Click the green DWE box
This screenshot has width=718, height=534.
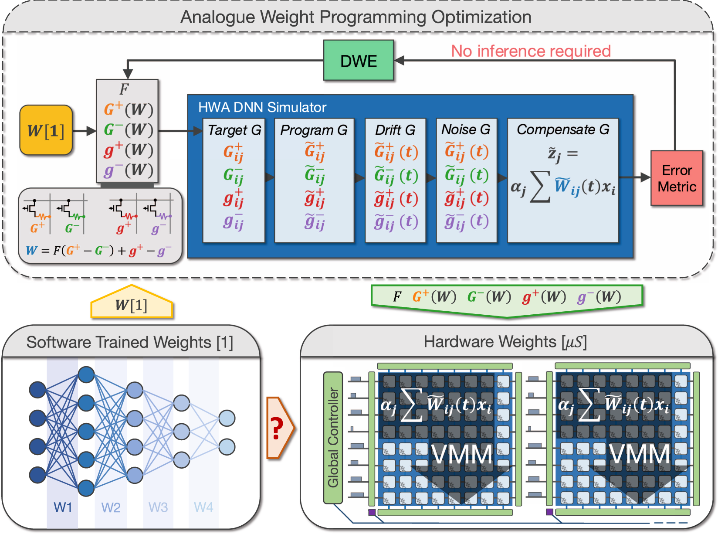(359, 61)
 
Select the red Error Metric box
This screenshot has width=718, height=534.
(677, 178)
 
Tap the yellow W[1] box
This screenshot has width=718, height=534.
(46, 130)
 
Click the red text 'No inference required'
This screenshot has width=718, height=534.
(531, 51)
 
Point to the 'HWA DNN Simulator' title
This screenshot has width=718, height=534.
(262, 107)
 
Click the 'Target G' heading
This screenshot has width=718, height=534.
(234, 130)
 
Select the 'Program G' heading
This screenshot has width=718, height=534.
(314, 130)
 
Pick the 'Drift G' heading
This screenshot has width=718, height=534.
(395, 130)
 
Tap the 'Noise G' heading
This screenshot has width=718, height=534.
(466, 129)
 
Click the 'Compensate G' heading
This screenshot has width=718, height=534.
(563, 129)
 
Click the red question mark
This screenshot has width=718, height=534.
(276, 428)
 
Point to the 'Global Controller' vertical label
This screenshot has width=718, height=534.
(333, 437)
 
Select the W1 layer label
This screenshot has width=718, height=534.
(63, 507)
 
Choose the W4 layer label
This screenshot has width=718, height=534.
(203, 507)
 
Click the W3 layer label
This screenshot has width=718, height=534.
(158, 507)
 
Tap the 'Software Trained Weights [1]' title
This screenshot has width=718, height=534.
(130, 343)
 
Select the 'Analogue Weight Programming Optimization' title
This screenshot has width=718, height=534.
(356, 17)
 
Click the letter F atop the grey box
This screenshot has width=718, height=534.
(124, 89)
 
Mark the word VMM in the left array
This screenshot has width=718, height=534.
(462, 455)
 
